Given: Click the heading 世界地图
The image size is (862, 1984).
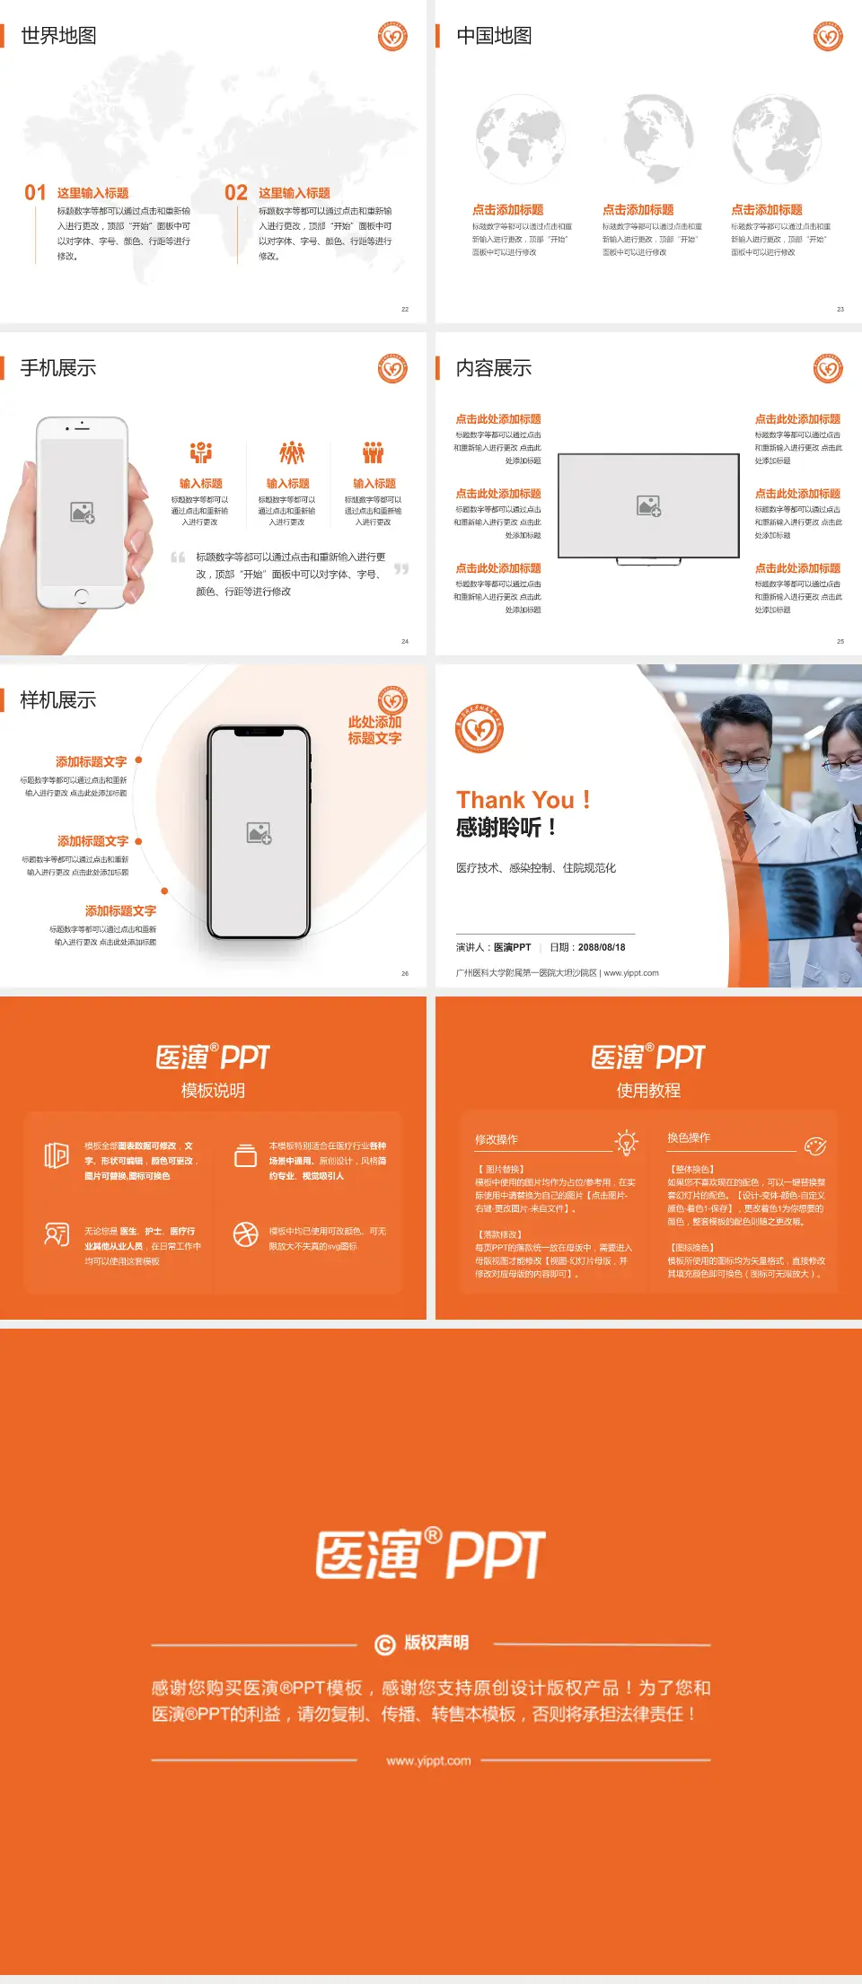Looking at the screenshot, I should pyautogui.click(x=58, y=36).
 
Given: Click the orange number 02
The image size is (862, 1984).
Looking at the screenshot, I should pyautogui.click(x=236, y=193).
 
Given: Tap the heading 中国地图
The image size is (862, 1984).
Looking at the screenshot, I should pyautogui.click(x=494, y=36).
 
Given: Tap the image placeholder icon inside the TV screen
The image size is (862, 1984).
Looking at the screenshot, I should pyautogui.click(x=648, y=506).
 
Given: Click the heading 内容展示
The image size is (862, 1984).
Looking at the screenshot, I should pyautogui.click(x=494, y=368).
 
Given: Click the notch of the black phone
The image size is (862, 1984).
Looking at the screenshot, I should pyautogui.click(x=259, y=733).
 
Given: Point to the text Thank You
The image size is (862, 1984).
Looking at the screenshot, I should pyautogui.click(x=515, y=800).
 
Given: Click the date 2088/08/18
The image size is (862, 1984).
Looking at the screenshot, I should pyautogui.click(x=602, y=947).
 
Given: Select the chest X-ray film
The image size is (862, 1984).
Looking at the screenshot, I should pyautogui.click(x=799, y=889).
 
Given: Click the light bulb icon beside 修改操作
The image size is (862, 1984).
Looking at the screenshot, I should pyautogui.click(x=626, y=1142).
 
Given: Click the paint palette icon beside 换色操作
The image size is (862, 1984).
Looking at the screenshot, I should pyautogui.click(x=814, y=1146).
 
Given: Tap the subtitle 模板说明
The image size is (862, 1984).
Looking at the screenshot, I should pyautogui.click(x=213, y=1091).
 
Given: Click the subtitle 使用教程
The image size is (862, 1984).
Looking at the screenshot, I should pyautogui.click(x=648, y=1091).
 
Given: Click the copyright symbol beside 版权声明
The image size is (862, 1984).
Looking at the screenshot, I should pyautogui.click(x=384, y=1644).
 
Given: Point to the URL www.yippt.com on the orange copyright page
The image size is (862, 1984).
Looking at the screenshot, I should pyautogui.click(x=428, y=1760).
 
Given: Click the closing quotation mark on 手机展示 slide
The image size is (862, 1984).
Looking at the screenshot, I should pyautogui.click(x=401, y=569).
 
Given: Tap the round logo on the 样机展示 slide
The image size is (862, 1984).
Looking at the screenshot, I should pyautogui.click(x=392, y=700).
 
